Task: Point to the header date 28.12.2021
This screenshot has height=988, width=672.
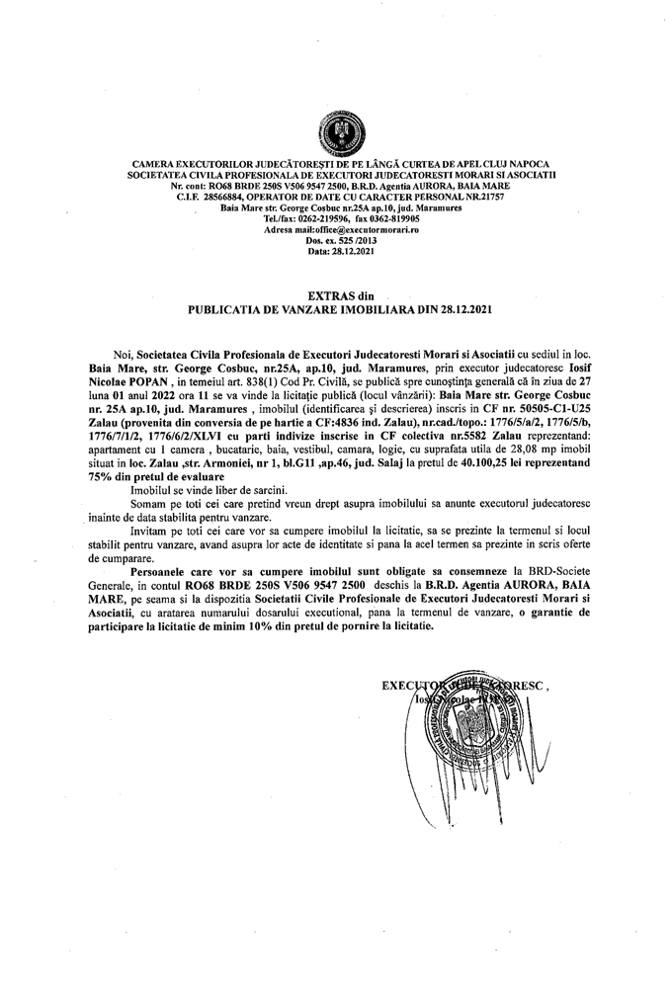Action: (357, 251)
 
